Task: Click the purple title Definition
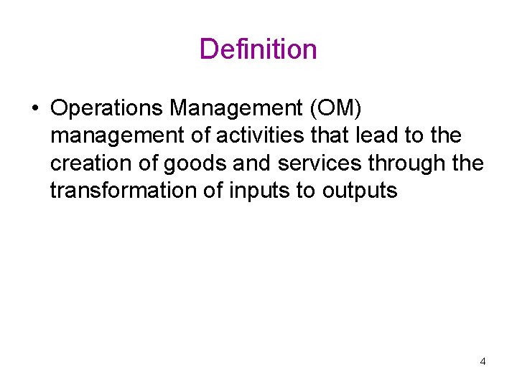point(258,49)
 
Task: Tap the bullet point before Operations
point(34,109)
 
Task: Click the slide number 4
point(483,361)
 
